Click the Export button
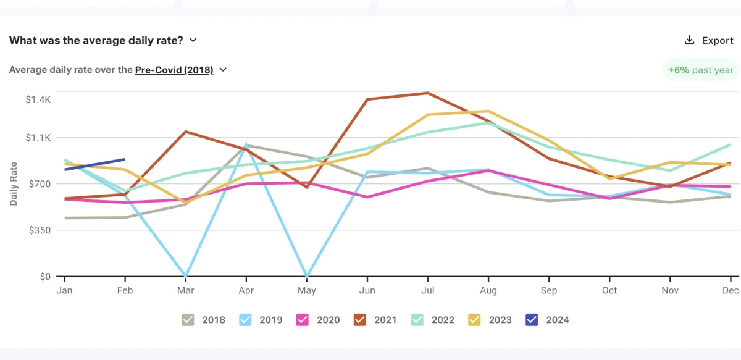coord(710,40)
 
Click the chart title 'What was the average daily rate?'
coord(96,40)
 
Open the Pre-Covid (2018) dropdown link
coord(174,70)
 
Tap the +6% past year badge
coord(700,70)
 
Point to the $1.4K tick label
coord(38,99)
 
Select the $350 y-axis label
coord(38,230)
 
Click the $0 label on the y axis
coord(45,276)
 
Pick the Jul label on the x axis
coord(427,290)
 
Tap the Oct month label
coord(609,290)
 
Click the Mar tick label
coord(185,290)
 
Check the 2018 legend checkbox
coord(188,319)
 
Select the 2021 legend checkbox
coord(360,319)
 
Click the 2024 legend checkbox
coord(531,319)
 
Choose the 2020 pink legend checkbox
coord(303,319)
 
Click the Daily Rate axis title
coord(14,183)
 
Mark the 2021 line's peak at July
coord(427,93)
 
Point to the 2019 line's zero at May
coord(306,275)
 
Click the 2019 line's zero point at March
coord(185,275)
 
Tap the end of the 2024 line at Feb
coord(125,159)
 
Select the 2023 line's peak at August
coord(488,111)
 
